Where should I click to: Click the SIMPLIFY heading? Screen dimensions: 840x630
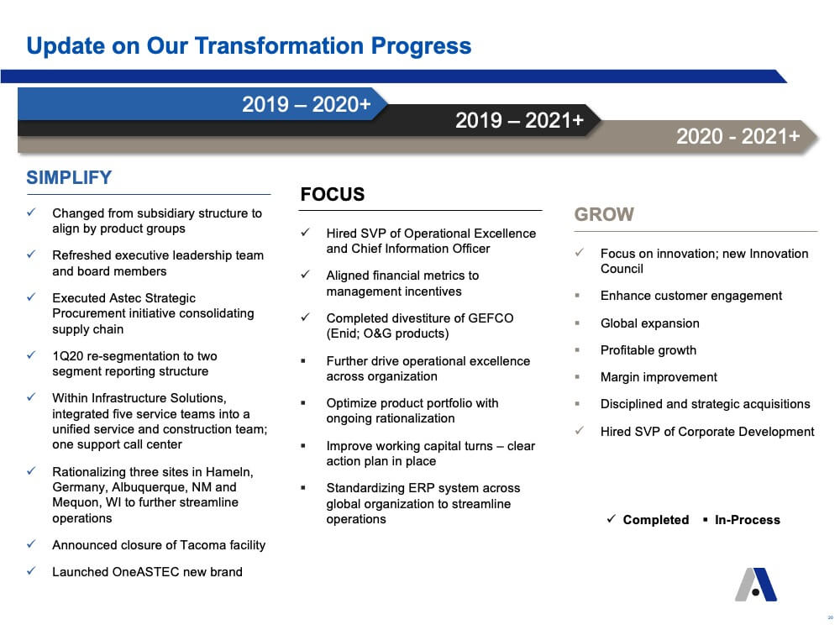tap(69, 177)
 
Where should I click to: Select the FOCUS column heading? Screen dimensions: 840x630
tap(332, 194)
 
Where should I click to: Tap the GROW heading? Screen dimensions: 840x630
tap(604, 214)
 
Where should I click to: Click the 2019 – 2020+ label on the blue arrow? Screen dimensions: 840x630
tap(306, 104)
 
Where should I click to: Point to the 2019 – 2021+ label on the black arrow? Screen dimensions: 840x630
tap(519, 120)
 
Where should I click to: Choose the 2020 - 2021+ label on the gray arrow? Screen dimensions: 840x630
tap(738, 136)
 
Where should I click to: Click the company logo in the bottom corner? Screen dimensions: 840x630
tap(756, 585)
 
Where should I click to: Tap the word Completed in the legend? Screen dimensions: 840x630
tap(656, 520)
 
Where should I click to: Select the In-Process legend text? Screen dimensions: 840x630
tap(748, 520)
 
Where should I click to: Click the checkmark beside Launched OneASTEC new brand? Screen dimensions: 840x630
tap(32, 571)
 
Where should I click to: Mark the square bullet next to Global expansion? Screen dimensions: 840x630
tap(577, 323)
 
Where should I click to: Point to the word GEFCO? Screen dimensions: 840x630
tap(491, 318)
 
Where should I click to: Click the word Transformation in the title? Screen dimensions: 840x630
tap(279, 45)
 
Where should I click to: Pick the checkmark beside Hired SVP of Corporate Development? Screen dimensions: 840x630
tap(579, 430)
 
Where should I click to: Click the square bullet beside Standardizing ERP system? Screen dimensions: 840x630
tap(303, 488)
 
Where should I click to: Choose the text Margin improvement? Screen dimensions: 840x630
tap(659, 377)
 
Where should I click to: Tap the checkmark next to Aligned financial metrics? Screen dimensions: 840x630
tap(306, 275)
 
